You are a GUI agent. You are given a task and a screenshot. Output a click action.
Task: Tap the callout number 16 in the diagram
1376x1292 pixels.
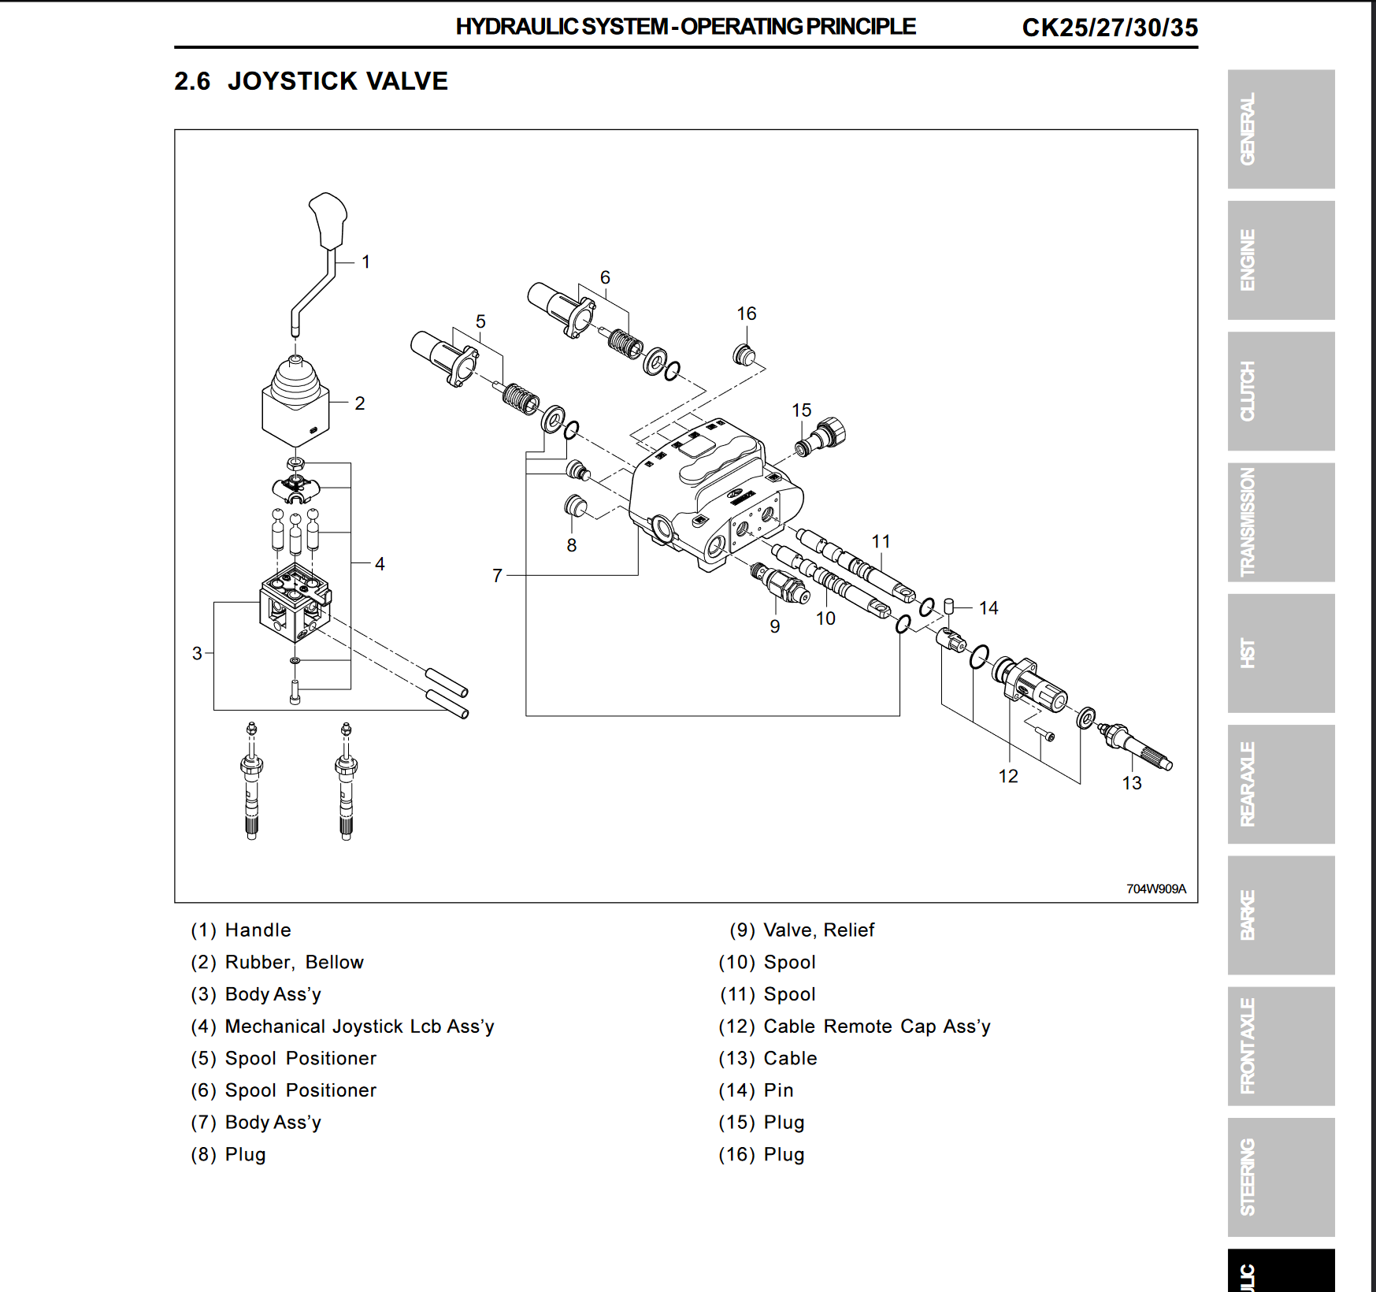[x=747, y=314]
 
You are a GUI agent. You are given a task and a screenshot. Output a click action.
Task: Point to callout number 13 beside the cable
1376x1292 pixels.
[x=1132, y=783]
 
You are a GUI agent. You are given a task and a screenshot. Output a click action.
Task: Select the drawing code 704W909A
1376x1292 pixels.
[x=1155, y=889]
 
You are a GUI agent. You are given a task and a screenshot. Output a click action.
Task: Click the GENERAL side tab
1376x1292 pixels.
[x=1281, y=129]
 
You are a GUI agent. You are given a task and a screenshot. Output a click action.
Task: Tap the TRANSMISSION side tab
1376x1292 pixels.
[x=1281, y=522]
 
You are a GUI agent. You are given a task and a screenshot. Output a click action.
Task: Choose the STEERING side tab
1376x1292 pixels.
[x=1281, y=1177]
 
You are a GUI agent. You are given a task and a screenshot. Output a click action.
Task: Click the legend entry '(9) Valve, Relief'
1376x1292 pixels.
[x=802, y=930]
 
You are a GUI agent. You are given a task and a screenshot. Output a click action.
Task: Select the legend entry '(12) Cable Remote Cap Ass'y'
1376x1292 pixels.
[x=855, y=1027]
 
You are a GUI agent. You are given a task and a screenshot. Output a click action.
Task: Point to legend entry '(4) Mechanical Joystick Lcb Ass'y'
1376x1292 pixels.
[x=343, y=1027]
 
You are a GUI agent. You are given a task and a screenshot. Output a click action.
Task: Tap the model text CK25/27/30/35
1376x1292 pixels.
[x=1110, y=28]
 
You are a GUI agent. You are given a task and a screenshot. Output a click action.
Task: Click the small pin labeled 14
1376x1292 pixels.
[x=949, y=606]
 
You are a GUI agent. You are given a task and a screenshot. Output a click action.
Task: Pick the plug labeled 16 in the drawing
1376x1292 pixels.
[x=744, y=355]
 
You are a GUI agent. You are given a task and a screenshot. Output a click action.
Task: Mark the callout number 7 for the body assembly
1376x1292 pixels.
[x=497, y=576]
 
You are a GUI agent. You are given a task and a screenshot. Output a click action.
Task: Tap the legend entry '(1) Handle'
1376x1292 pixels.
[x=241, y=930]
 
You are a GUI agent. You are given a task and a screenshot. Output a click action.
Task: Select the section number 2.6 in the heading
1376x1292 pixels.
[x=192, y=81]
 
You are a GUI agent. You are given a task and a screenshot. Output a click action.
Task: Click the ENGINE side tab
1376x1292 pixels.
[x=1281, y=260]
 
